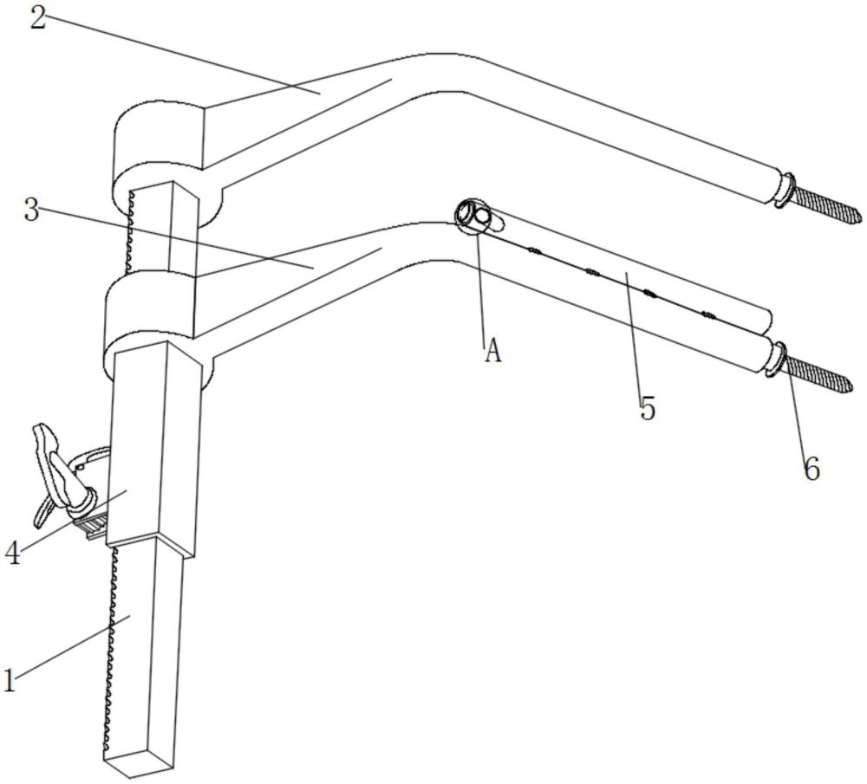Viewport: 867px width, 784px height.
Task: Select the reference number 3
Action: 31,210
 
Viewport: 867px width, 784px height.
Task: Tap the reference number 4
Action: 13,553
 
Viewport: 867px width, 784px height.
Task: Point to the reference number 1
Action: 10,680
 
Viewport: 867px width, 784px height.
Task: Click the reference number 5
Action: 648,410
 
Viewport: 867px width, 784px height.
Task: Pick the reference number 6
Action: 812,469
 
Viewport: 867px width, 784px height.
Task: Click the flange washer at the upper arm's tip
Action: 785,191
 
